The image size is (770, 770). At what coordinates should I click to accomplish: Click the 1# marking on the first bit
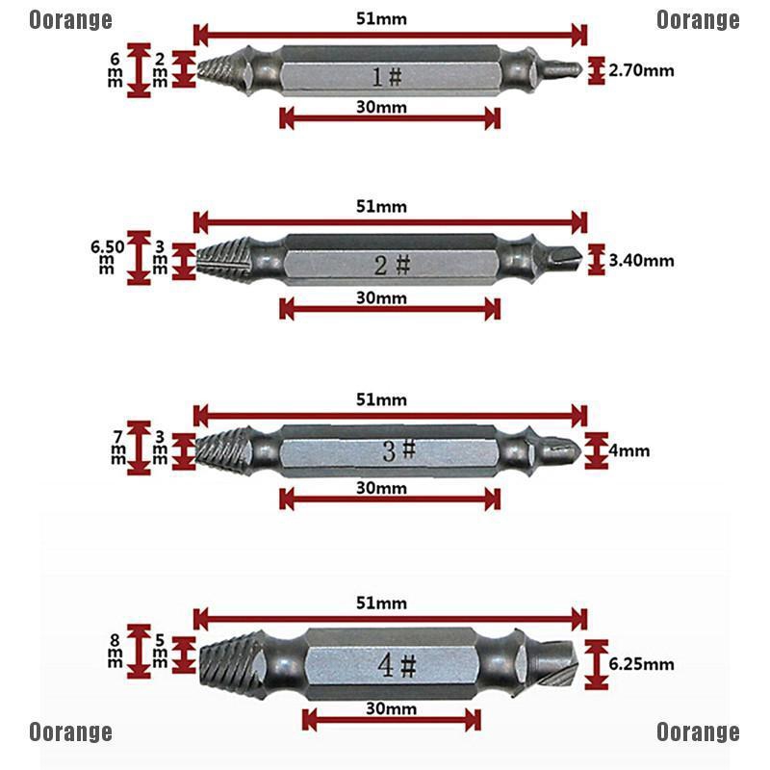[x=390, y=75]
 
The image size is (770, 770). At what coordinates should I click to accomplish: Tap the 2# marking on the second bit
[x=392, y=265]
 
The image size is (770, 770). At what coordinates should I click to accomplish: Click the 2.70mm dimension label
[x=642, y=69]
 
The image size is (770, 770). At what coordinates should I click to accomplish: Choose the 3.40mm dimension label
[x=642, y=260]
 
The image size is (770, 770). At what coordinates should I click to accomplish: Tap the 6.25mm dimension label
[x=642, y=664]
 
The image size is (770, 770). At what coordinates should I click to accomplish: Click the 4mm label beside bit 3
[x=629, y=450]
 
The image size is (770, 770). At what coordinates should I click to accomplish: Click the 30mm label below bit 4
[x=392, y=709]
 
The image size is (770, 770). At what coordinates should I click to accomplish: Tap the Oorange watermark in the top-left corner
[x=70, y=19]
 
